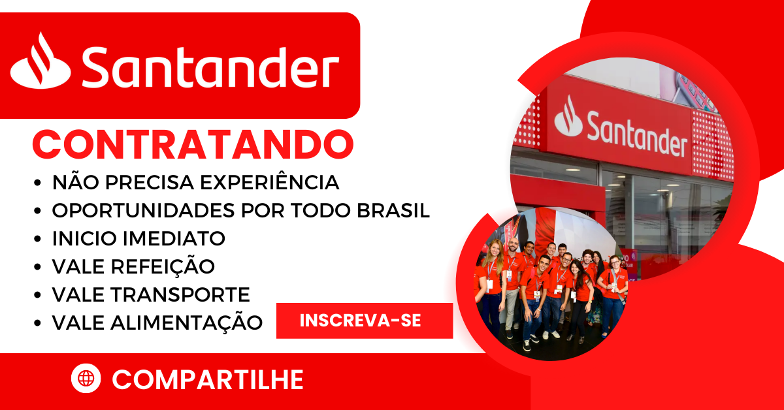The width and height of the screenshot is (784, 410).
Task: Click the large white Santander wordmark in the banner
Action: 210,67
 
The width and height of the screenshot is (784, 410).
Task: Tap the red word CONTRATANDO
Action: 193,145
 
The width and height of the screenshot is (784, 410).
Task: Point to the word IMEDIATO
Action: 174,238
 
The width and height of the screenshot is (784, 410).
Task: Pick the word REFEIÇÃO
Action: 163,266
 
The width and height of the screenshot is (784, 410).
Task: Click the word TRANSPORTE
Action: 180,294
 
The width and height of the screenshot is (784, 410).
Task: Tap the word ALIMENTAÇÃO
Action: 187,321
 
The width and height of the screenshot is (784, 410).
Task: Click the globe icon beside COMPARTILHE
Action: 86,378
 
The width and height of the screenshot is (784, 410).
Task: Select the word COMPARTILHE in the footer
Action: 208,379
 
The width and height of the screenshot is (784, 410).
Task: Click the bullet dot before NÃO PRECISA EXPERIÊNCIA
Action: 37,183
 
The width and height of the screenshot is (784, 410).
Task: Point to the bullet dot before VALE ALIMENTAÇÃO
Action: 37,323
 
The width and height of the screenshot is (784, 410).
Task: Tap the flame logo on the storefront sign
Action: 568,118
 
